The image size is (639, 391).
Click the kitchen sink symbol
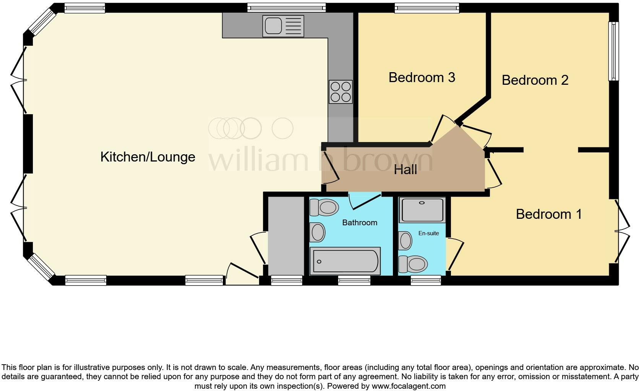(x=283, y=26)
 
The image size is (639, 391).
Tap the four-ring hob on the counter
(x=341, y=92)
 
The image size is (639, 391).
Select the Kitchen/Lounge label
(x=148, y=157)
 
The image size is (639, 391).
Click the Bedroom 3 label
(x=422, y=78)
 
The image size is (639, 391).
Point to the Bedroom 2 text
(x=535, y=80)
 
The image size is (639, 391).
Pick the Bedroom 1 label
(x=548, y=214)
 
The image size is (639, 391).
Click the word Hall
(x=405, y=170)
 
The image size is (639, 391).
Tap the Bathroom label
(x=359, y=223)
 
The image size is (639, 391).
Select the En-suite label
(x=428, y=233)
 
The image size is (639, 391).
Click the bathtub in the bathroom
(x=345, y=261)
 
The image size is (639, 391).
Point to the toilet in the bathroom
(x=324, y=208)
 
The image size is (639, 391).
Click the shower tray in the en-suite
(x=422, y=210)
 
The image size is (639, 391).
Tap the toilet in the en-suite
(x=413, y=264)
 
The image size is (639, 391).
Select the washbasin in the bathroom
(x=317, y=232)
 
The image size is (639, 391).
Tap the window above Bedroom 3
(x=427, y=8)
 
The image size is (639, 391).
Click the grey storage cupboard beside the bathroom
(x=285, y=236)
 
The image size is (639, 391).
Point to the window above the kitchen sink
(x=286, y=8)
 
